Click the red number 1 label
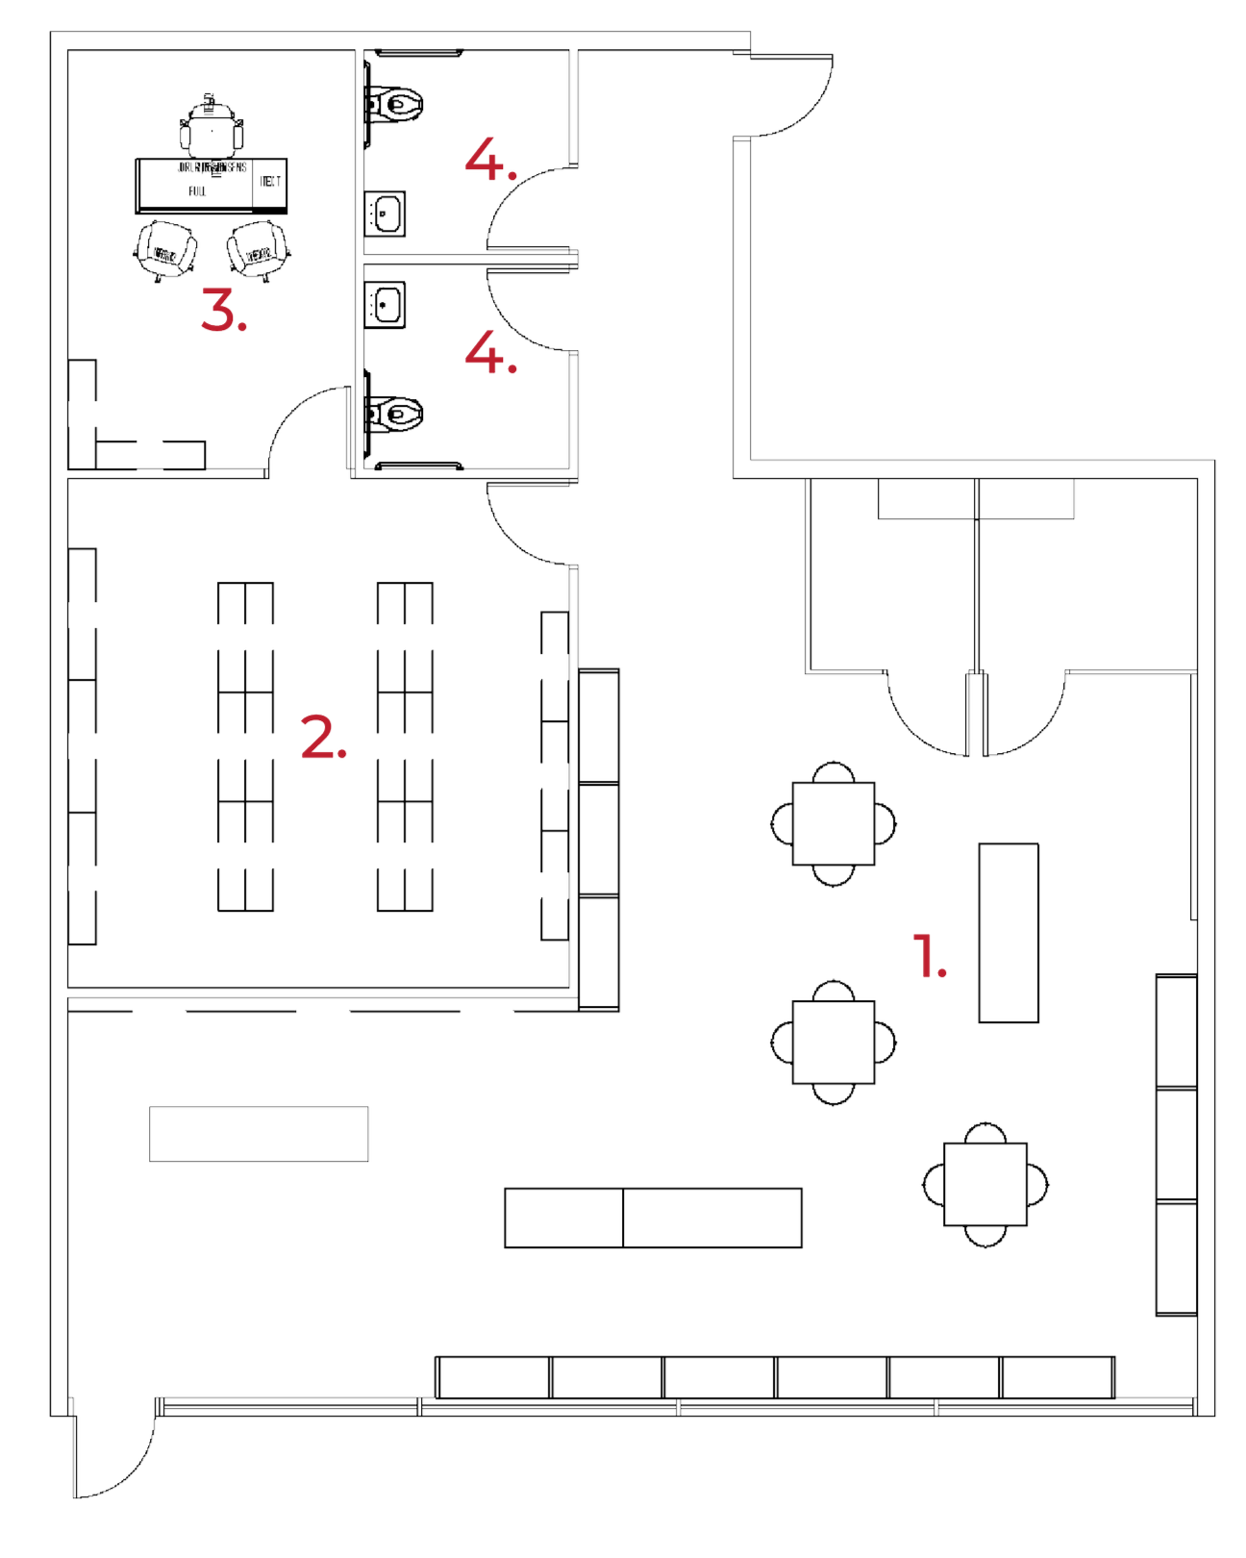927,957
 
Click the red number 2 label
321,738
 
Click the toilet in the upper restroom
399,101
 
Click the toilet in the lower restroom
399,414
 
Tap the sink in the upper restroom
386,213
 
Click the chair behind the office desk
212,130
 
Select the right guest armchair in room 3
259,251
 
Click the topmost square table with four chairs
834,824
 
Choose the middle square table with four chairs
834,1043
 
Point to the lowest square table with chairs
985,1184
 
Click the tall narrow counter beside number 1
1009,932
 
